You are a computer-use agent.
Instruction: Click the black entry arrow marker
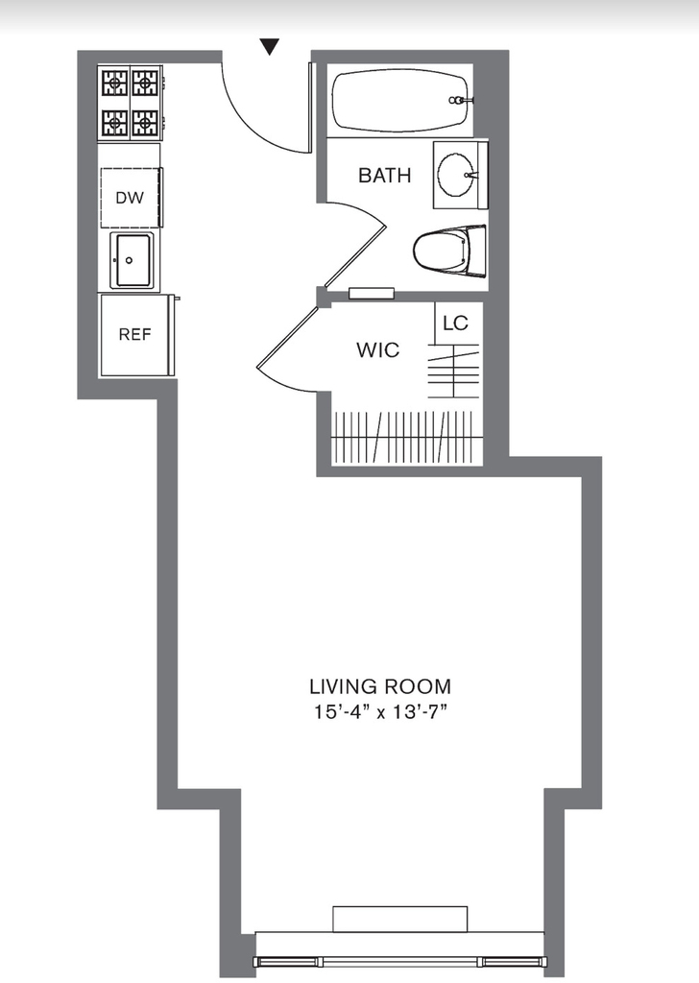[270, 46]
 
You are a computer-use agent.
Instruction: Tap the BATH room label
[384, 176]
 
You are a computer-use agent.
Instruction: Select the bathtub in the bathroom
[400, 100]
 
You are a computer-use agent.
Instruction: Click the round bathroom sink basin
[456, 175]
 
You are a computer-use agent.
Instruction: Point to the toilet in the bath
[449, 251]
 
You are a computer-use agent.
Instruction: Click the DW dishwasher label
[130, 198]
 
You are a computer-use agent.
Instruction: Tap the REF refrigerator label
[134, 335]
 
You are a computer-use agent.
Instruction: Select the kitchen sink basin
[131, 260]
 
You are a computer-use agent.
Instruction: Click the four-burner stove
[131, 103]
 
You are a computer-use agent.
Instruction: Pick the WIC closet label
[378, 349]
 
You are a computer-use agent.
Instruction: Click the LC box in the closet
[456, 323]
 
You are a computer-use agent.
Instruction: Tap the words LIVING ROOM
[380, 686]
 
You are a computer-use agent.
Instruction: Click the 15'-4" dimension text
[338, 713]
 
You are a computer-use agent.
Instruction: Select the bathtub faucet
[460, 100]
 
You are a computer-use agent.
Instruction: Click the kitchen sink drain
[130, 260]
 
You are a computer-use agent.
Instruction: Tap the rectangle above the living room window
[400, 919]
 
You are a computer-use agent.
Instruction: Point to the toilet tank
[477, 251]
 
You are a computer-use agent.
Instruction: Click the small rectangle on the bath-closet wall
[372, 294]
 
